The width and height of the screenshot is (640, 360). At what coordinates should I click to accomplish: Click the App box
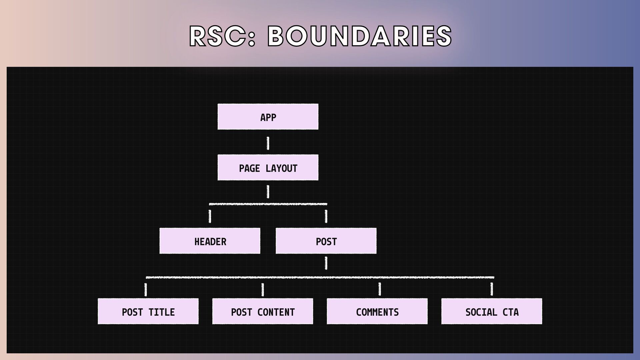coord(268,117)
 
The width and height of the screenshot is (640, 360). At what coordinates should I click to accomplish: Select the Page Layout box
coord(268,168)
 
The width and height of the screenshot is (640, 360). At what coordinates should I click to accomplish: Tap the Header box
coord(210,241)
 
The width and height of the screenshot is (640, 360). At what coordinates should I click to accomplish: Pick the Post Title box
coord(148,311)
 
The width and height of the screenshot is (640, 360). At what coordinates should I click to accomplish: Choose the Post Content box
coord(263,311)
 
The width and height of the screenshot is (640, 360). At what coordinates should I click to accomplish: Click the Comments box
coord(377,311)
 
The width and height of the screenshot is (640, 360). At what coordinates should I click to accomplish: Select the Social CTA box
coord(492,311)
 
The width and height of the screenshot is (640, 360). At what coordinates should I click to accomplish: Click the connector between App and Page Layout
coord(268,143)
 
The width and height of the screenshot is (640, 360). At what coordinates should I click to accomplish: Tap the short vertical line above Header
coord(210,216)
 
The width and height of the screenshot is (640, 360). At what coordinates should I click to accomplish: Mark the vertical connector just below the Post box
coord(326,263)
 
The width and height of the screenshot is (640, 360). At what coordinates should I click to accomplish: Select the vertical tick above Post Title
coord(146,289)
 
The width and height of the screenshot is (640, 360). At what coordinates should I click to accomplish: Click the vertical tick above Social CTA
coord(492,289)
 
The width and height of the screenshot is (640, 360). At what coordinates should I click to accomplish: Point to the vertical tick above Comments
coord(380,289)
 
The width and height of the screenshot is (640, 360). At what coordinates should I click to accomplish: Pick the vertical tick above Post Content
coord(263,289)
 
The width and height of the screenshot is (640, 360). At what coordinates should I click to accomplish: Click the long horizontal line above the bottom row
coord(320,277)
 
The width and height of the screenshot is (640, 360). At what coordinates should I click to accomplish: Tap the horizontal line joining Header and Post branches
coord(268,204)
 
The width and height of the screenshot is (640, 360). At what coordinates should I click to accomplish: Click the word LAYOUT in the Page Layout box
coord(282,168)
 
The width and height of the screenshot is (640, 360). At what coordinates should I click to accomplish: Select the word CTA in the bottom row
coord(510,312)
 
